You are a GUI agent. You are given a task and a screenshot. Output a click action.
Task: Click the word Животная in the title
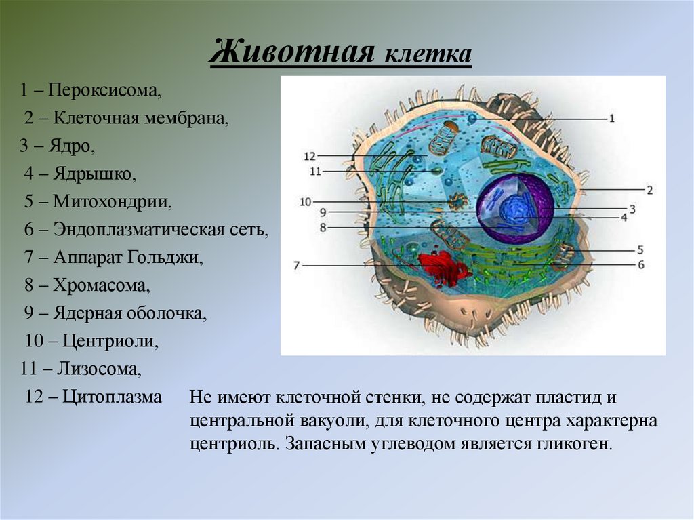[293, 52]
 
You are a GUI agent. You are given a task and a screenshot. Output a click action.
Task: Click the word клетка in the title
[428, 54]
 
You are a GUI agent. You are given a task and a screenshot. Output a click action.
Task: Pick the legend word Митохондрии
[113, 201]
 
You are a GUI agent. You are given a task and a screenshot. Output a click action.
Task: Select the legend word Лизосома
[99, 369]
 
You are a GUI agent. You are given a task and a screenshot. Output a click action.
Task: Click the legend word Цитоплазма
[112, 397]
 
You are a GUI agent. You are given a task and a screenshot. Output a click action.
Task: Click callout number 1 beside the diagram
[611, 119]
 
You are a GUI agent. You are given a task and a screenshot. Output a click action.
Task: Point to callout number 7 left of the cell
[296, 266]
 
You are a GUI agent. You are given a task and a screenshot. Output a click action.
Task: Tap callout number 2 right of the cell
[649, 191]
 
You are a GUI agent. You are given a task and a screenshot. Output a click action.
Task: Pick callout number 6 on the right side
[640, 264]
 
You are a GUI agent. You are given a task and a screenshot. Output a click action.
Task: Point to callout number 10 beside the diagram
[304, 201]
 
